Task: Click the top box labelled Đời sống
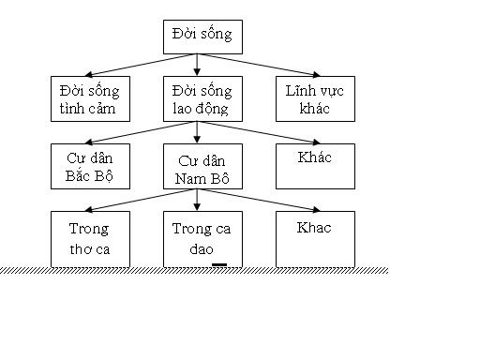tap(202, 37)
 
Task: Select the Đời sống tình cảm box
tap(91, 99)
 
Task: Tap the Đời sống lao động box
tap(202, 99)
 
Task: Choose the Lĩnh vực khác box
tap(315, 99)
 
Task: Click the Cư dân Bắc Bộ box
tap(91, 166)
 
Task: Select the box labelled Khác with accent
tap(315, 166)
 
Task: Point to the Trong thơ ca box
tap(91, 238)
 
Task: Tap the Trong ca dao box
tap(202, 238)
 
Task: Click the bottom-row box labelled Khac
tap(315, 238)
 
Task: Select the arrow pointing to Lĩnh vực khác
tap(272, 65)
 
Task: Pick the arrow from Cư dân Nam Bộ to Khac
tap(272, 201)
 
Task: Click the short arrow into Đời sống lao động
tap(197, 66)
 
